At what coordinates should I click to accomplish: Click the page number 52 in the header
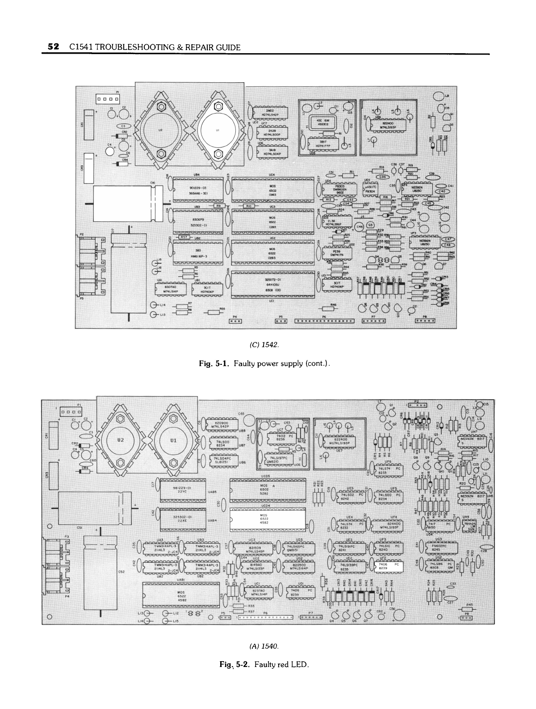(53, 47)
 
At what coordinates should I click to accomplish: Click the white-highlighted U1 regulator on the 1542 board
(218, 130)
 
